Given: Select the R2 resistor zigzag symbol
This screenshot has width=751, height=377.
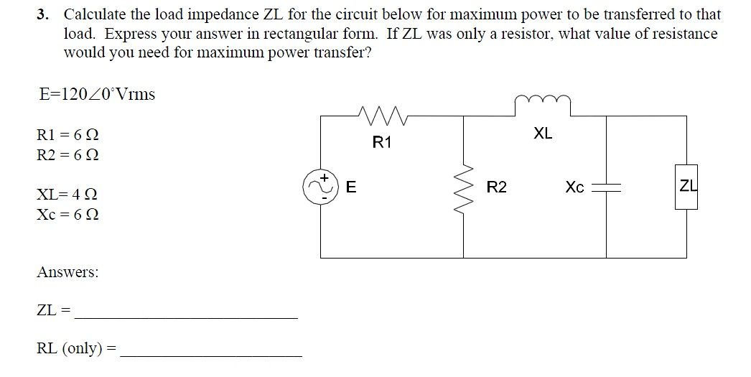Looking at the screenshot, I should tap(463, 188).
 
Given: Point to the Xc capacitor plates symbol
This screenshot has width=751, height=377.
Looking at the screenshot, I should tap(606, 187).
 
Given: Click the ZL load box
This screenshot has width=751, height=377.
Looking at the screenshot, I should tap(686, 187).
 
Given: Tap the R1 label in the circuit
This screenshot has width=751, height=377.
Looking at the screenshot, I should tap(383, 142).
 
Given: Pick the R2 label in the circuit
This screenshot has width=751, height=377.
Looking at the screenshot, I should tap(496, 188).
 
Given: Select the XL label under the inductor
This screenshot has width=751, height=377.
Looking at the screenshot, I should tap(544, 134).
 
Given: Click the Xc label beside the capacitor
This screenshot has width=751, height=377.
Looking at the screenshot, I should tap(574, 187).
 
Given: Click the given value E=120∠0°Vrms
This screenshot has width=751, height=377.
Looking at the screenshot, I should tap(96, 94).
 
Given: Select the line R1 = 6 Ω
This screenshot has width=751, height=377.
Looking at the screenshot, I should tap(67, 134).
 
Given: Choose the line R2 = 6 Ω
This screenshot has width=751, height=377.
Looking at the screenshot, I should tap(67, 154).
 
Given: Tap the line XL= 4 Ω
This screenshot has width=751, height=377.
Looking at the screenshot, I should tap(67, 194).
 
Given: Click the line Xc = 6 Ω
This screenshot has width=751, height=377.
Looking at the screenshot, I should tap(67, 214).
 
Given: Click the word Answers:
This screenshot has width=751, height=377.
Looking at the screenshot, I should tap(67, 272).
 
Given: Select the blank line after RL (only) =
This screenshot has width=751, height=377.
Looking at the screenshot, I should tap(211, 355).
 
